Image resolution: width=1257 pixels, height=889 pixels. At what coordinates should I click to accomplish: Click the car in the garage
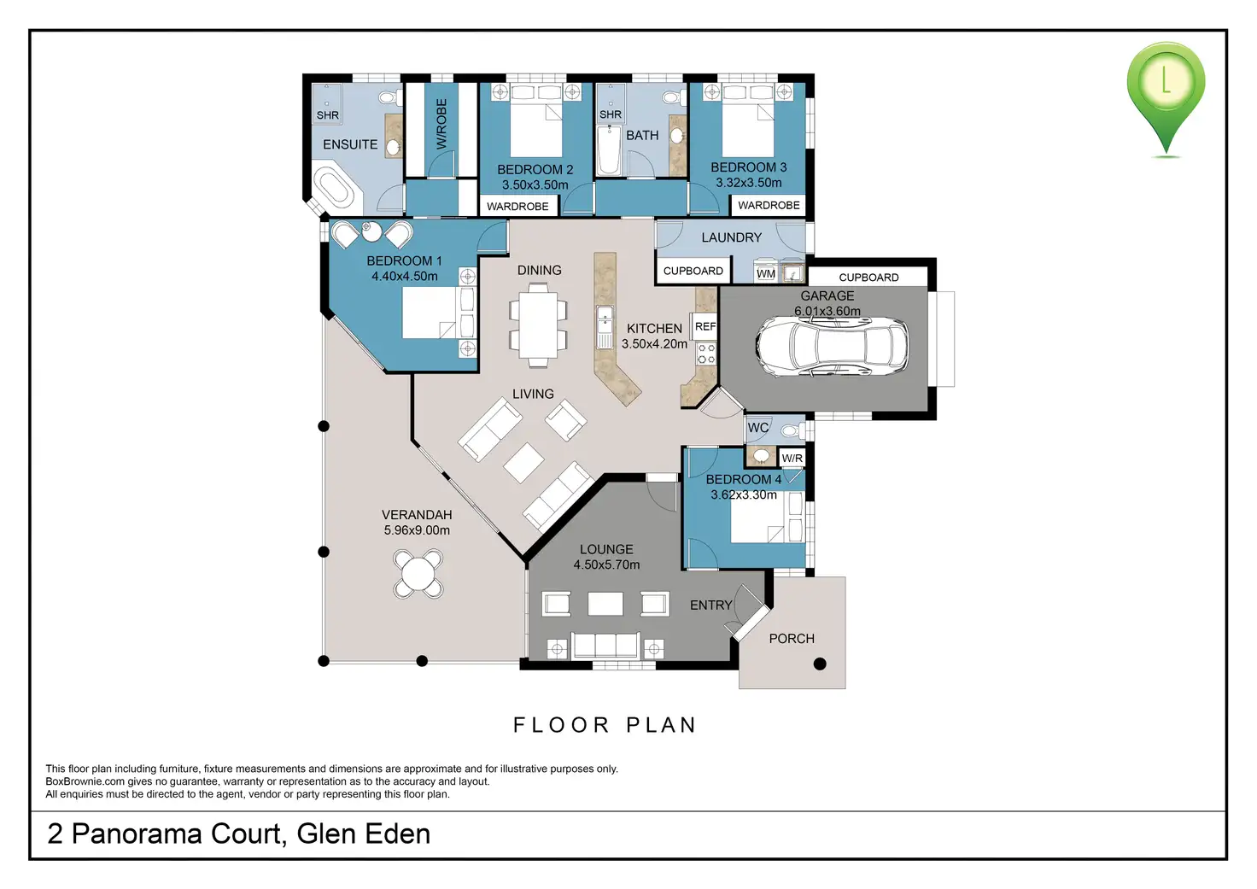click(x=833, y=346)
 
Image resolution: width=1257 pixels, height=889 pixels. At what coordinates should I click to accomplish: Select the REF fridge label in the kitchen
click(x=705, y=326)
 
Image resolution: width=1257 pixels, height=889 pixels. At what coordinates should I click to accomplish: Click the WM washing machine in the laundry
click(x=766, y=273)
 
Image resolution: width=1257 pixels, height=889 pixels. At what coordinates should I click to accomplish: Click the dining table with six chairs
click(x=538, y=325)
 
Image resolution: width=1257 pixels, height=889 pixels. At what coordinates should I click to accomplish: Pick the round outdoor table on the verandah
click(x=418, y=574)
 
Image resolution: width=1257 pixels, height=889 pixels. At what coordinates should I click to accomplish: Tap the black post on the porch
click(x=820, y=664)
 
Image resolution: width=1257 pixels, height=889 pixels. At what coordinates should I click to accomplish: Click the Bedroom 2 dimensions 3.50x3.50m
click(x=535, y=184)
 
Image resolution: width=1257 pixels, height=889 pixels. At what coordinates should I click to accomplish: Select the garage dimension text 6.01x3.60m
click(x=827, y=311)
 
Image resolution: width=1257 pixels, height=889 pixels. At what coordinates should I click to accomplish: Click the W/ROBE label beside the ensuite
click(x=441, y=124)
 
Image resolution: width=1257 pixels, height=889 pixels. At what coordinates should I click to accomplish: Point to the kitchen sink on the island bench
click(x=605, y=327)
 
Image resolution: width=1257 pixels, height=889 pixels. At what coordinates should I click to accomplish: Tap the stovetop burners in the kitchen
click(x=706, y=353)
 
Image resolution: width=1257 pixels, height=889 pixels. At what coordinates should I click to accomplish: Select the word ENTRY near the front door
click(x=711, y=605)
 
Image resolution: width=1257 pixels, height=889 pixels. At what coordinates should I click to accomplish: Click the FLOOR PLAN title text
click(x=605, y=724)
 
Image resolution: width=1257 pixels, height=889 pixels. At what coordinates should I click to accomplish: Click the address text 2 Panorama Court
click(x=164, y=833)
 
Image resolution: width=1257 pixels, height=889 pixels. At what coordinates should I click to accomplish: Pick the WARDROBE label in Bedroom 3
click(x=769, y=206)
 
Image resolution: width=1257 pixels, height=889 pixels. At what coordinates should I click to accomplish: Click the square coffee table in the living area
click(x=523, y=463)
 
